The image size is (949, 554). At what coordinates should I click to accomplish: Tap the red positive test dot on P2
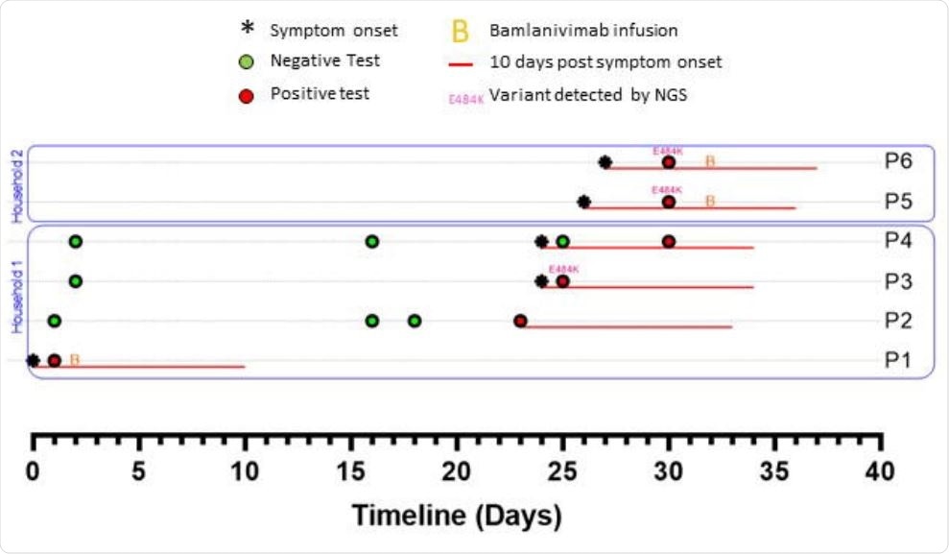point(520,321)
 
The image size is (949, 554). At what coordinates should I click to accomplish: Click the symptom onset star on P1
point(34,361)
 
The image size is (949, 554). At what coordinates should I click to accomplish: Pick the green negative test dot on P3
point(76,281)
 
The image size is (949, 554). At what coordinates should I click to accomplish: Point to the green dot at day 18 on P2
point(415,321)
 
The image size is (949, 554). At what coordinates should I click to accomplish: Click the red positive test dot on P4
point(669,241)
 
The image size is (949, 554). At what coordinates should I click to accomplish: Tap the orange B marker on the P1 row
point(74,360)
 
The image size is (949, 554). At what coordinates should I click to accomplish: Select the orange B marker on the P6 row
point(710,161)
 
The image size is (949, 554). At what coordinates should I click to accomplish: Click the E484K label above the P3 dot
point(563,269)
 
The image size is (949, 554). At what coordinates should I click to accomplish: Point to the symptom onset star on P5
point(584,203)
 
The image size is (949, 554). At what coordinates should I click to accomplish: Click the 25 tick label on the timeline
point(563,471)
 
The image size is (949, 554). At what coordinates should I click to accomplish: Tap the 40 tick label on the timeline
point(880,471)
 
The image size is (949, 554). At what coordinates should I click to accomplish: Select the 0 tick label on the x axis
point(34,471)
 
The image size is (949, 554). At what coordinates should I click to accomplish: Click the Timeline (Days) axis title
point(456,516)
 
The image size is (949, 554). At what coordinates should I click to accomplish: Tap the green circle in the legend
point(246,61)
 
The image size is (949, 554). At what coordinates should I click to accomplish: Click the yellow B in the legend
point(461,31)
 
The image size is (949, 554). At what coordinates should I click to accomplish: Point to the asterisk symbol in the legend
point(246,29)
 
